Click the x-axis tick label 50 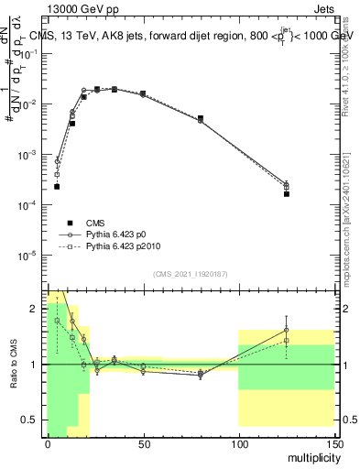[x=143, y=443]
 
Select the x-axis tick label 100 [x=238, y=443]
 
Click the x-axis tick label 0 [x=48, y=443]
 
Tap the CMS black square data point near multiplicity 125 [x=287, y=194]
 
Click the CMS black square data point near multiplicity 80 [x=201, y=118]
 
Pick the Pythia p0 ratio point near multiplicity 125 [x=287, y=330]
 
